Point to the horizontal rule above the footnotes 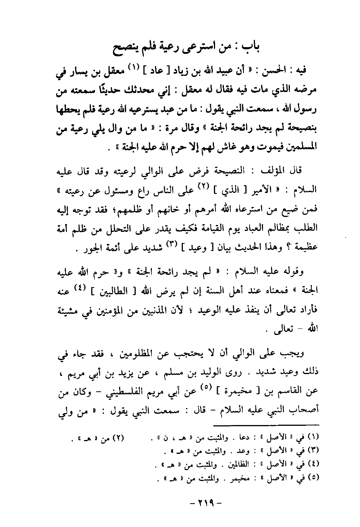tap(268, 424)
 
